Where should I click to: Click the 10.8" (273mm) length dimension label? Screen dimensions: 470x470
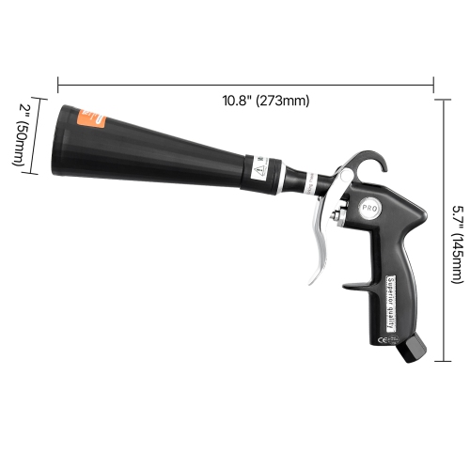click(266, 101)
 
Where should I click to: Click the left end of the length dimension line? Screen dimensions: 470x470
click(59, 82)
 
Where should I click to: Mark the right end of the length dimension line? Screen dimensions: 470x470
click(433, 82)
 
